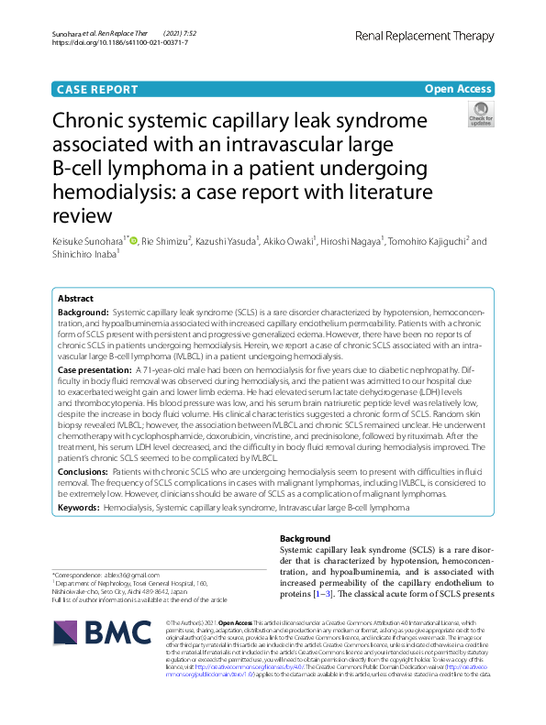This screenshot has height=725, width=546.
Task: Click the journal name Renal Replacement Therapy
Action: click(434, 36)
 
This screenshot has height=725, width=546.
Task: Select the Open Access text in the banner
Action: click(457, 89)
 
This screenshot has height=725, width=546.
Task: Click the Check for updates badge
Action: click(480, 115)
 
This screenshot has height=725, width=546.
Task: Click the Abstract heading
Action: click(75, 299)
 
